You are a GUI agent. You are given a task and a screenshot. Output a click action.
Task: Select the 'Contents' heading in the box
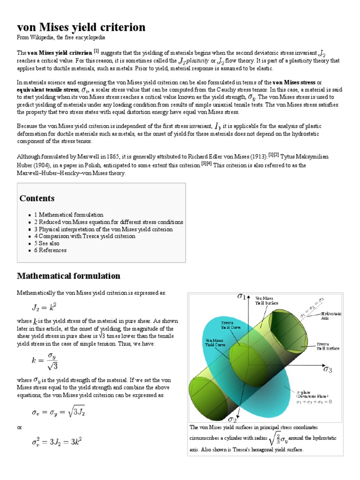coord(37,198)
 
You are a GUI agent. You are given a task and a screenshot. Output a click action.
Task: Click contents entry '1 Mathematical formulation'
coord(69,215)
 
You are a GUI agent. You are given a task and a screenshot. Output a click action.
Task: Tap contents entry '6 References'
coord(50,250)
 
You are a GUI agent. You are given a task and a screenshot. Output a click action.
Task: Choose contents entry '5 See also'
coord(47,243)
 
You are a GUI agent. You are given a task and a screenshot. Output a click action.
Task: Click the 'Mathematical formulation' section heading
coord(68,276)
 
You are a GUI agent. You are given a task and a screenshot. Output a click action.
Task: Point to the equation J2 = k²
coord(43,308)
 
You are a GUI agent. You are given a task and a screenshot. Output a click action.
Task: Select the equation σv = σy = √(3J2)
coord(58,412)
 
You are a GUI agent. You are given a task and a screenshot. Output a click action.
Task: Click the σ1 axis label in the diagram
coord(242,296)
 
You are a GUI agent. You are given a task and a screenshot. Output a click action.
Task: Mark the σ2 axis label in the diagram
coord(232,418)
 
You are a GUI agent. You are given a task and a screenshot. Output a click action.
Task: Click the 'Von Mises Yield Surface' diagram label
coord(267,300)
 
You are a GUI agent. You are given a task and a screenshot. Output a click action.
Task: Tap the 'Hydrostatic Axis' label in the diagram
coord(331,315)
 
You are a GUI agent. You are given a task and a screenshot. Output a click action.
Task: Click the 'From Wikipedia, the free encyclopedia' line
coord(61,37)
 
